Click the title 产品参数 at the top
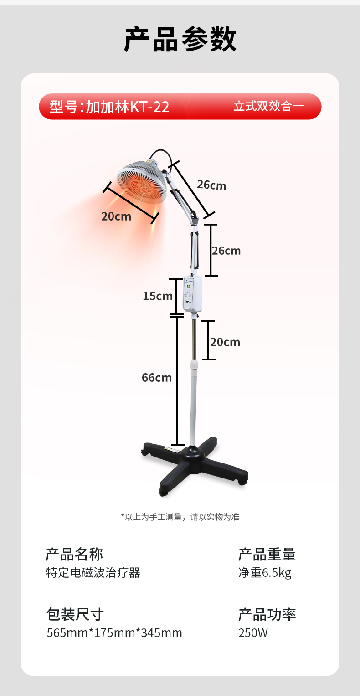(180, 40)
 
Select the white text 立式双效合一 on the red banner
(269, 107)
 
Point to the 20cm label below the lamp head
(116, 216)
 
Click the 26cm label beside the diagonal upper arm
(211, 185)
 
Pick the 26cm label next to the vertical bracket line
(226, 251)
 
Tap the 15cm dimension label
(158, 296)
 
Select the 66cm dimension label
(157, 377)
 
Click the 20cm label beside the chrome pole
(225, 342)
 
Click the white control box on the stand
(192, 294)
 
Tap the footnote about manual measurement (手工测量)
(180, 517)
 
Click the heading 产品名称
(74, 554)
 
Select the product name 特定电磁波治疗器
(93, 573)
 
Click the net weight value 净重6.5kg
(265, 573)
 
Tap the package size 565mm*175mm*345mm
(114, 633)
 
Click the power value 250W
(253, 633)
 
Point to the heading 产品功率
(267, 614)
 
